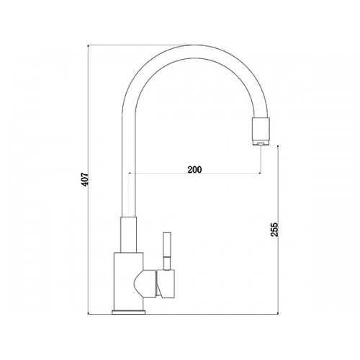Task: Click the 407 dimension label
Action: click(85, 179)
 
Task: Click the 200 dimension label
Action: click(194, 170)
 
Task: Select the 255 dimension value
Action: click(274, 230)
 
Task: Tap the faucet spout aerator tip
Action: click(261, 143)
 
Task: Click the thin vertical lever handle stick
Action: click(167, 251)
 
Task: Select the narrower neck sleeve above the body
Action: click(128, 235)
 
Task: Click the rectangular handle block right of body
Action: click(166, 284)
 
